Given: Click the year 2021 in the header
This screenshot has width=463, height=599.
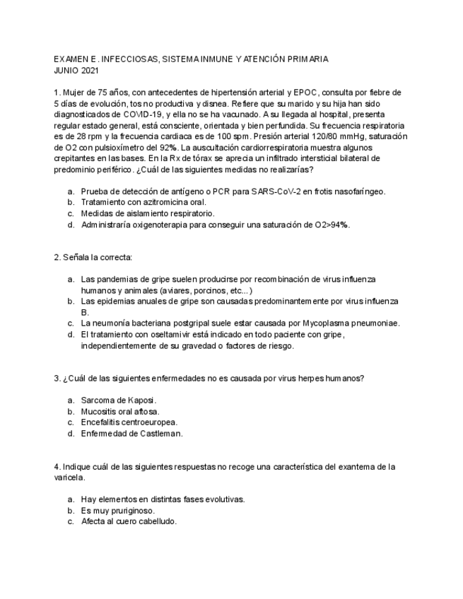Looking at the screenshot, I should tap(90, 71).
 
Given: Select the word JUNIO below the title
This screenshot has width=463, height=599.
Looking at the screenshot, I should tap(66, 71).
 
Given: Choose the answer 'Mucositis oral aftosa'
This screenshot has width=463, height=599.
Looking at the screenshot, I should tap(120, 411).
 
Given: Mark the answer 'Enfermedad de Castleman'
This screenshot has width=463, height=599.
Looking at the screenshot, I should tap(131, 434).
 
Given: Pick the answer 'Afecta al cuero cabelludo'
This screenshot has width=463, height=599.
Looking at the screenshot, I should tap(129, 521).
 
